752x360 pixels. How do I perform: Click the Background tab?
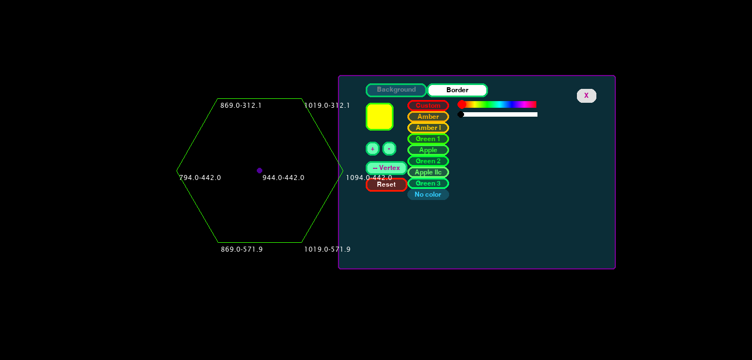click(x=396, y=90)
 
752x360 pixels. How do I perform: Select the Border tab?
click(x=457, y=90)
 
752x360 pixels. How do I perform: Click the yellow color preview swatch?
click(x=380, y=117)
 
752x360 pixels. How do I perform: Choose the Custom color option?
click(x=428, y=106)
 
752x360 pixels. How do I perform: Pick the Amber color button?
click(x=428, y=117)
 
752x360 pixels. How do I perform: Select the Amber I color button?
click(x=428, y=128)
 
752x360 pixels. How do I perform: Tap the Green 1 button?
click(x=428, y=139)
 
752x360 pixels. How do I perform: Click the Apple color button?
click(x=428, y=150)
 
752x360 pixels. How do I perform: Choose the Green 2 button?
click(x=428, y=161)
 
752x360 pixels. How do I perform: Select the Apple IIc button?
click(x=428, y=172)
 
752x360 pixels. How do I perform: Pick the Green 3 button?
click(x=428, y=183)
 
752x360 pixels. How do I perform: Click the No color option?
click(x=428, y=194)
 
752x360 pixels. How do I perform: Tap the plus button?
click(x=372, y=149)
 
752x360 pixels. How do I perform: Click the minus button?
click(x=389, y=149)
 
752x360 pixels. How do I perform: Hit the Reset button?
click(x=386, y=184)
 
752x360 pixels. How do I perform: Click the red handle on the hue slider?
click(x=462, y=104)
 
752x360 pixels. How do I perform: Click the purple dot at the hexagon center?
click(x=260, y=171)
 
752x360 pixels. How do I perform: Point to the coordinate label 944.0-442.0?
click(x=283, y=178)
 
